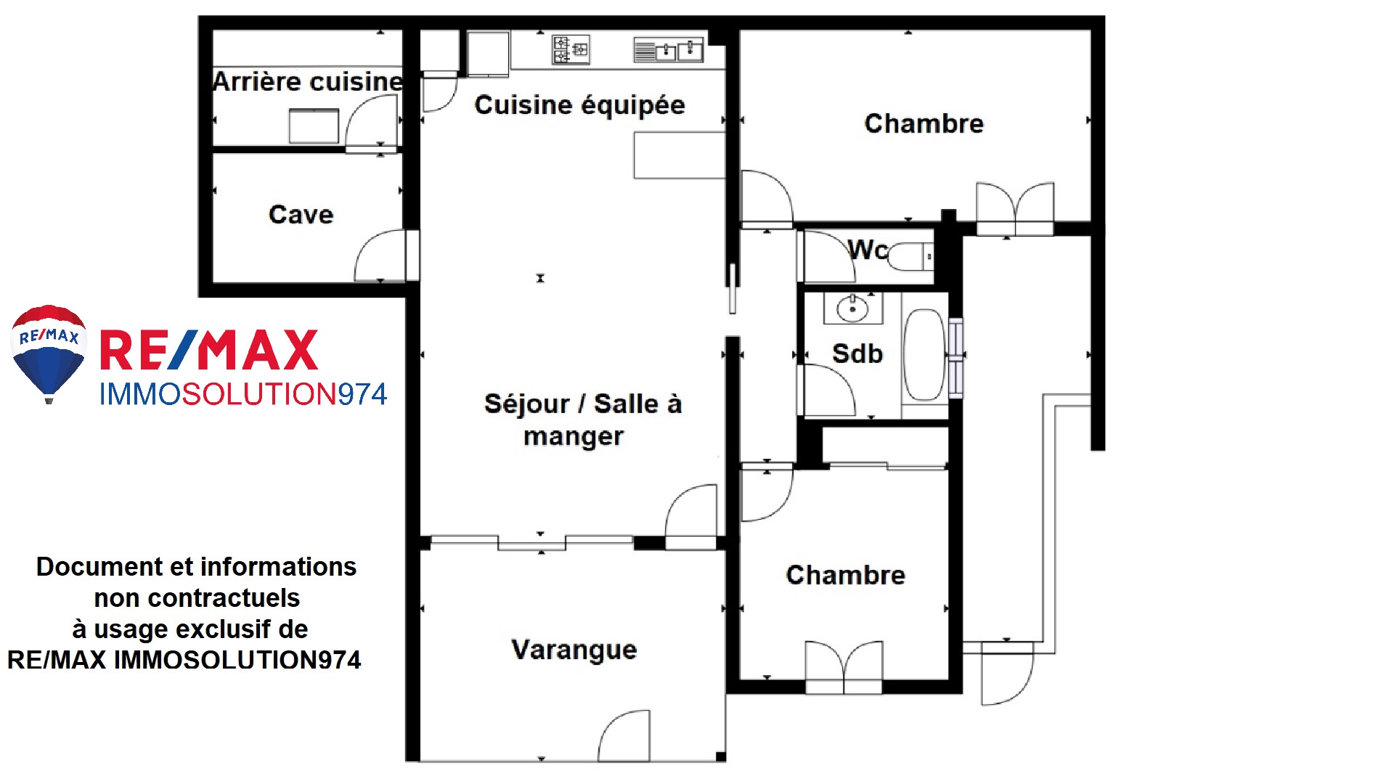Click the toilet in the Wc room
(911, 256)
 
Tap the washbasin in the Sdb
(852, 309)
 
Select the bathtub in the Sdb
(924, 355)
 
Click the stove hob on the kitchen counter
(571, 49)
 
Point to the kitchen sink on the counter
(669, 50)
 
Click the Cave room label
(301, 214)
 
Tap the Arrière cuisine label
(308, 81)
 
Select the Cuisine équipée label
(579, 105)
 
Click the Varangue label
(574, 650)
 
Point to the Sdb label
(857, 354)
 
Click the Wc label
(868, 249)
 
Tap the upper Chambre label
(924, 123)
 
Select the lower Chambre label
(846, 575)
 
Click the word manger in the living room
(574, 437)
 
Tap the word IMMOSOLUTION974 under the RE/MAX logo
(243, 394)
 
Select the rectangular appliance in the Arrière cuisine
(314, 126)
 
